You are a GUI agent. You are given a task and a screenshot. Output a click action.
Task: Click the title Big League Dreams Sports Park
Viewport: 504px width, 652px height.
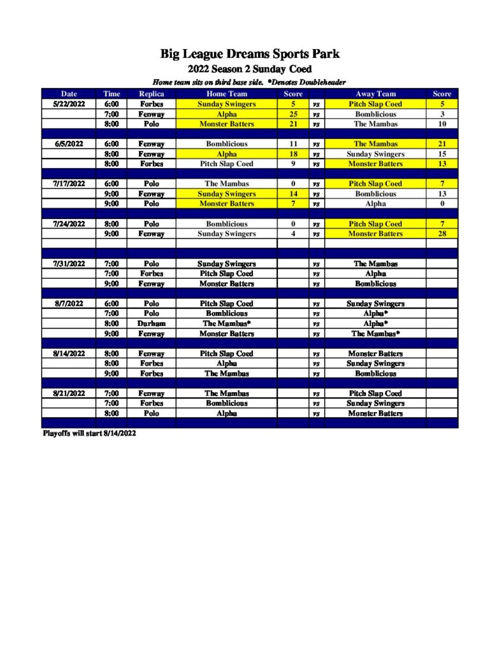[x=250, y=54]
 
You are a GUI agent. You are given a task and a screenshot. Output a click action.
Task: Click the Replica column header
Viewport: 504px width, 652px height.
[x=151, y=94]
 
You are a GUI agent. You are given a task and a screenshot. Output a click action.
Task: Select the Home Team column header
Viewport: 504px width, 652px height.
[x=226, y=94]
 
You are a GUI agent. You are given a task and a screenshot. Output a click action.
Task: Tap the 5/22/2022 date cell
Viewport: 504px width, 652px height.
[x=68, y=104]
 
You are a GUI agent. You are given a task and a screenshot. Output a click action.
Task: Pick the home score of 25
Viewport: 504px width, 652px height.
[x=293, y=114]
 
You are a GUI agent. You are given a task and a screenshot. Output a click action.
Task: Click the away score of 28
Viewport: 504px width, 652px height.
[x=442, y=234]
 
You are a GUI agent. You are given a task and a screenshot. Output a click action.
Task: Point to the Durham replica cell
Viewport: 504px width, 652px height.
[x=151, y=323]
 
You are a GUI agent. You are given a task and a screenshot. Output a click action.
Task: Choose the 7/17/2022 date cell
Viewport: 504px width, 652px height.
[x=68, y=183]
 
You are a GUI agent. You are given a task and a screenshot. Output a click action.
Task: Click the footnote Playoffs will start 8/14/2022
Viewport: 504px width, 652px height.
[x=89, y=434]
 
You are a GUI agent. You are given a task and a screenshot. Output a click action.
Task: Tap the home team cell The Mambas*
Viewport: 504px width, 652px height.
[x=226, y=323]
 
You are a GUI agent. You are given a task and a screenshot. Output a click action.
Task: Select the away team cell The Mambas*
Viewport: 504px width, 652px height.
[x=375, y=333]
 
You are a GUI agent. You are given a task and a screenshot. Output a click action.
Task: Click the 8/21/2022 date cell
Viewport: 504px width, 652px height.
[x=68, y=393]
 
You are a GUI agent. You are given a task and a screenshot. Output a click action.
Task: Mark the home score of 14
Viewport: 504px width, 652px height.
[x=293, y=194]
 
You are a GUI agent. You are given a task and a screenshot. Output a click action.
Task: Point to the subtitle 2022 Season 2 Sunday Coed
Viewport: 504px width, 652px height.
[x=250, y=69]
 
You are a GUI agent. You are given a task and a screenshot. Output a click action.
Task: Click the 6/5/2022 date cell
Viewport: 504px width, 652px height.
[x=68, y=144]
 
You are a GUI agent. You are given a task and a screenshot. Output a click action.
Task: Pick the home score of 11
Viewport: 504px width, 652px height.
[x=293, y=144]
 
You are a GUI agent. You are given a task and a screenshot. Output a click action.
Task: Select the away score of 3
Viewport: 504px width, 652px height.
[x=442, y=114]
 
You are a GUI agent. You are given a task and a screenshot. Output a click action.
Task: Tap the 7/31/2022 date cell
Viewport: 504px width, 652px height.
[x=68, y=264]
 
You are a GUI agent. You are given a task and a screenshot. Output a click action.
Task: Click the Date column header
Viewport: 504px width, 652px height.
[x=68, y=94]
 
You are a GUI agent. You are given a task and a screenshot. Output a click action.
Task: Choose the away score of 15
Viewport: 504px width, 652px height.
[x=442, y=154]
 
